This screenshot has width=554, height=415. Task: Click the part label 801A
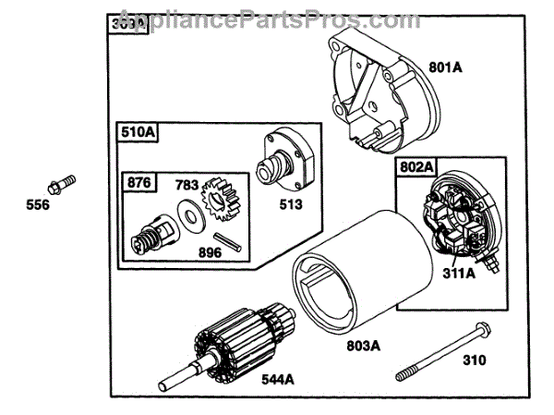(446, 67)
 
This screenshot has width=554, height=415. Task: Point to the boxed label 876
(140, 181)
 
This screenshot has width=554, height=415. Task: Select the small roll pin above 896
(235, 246)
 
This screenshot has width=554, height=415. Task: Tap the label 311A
(458, 272)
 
